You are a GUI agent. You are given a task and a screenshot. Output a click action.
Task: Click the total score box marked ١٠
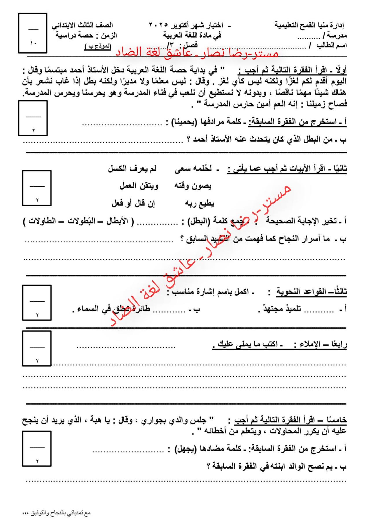click(x=33, y=33)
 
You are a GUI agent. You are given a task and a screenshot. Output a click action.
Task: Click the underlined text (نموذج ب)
click(x=97, y=47)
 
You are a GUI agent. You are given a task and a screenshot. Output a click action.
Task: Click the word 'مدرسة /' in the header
click(x=335, y=36)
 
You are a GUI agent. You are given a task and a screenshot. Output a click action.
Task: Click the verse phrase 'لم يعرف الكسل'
click(x=132, y=169)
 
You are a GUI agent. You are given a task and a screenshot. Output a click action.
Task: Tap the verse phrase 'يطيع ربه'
click(x=199, y=204)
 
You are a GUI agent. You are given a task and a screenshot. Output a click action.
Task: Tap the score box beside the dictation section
click(x=37, y=349)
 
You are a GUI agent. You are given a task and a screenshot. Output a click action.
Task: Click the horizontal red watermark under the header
click(x=197, y=53)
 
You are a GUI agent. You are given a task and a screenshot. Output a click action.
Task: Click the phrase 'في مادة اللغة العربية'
click(x=192, y=36)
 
